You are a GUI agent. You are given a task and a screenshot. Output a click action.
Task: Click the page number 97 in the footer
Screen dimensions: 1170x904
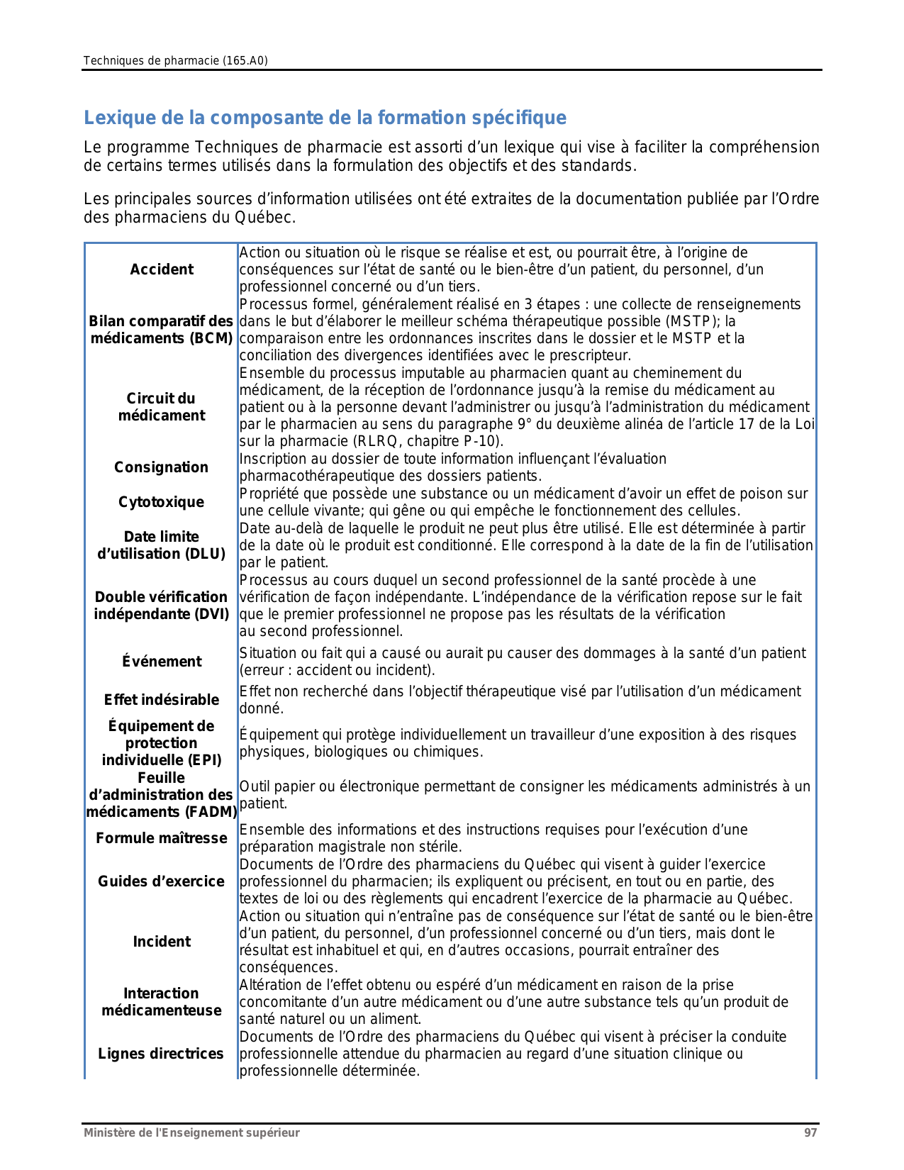810,1132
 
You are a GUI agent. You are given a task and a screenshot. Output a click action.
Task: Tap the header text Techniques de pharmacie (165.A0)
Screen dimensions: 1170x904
175,61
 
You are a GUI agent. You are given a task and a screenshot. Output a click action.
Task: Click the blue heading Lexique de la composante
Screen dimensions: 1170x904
325,118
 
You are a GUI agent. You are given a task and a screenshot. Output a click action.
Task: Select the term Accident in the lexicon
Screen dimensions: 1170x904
162,269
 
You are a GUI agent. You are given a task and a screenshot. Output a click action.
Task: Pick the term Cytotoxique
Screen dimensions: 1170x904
161,502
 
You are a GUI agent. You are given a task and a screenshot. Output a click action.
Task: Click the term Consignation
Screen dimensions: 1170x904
161,467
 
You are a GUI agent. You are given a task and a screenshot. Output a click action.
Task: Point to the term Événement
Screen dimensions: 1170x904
162,662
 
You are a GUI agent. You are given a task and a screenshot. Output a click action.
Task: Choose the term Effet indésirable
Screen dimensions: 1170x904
162,700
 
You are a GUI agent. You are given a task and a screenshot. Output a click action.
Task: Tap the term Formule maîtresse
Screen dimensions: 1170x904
162,838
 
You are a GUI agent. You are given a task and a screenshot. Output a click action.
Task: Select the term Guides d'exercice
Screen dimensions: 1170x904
162,881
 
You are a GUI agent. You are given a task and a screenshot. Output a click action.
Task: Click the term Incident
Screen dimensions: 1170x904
162,942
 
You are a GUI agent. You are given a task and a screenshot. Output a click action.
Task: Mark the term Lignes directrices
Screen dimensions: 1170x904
161,1054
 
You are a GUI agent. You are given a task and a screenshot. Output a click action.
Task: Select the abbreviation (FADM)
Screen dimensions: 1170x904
211,812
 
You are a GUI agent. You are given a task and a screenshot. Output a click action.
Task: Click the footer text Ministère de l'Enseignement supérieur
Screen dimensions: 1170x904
191,1132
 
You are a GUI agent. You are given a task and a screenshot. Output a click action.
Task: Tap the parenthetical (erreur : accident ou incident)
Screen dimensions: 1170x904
337,670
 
